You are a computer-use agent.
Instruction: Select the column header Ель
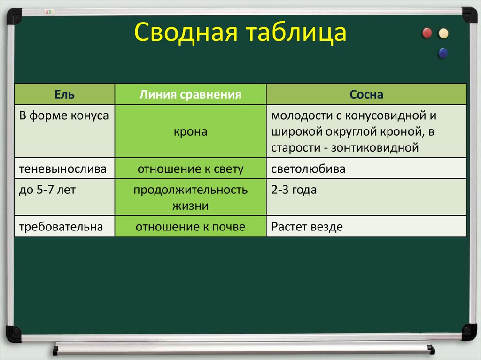tap(64, 95)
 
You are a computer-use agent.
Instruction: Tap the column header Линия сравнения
tap(190, 95)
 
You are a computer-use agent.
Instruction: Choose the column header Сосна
tap(366, 95)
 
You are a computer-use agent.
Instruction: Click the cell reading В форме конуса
tap(64, 115)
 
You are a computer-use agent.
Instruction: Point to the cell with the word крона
tap(190, 132)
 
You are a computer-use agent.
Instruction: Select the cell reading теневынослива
tap(63, 169)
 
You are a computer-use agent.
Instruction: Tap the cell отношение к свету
tap(190, 169)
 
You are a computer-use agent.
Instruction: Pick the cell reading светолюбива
tap(308, 169)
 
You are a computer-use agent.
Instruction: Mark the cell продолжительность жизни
tap(190, 198)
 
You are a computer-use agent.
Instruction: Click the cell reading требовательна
tap(61, 227)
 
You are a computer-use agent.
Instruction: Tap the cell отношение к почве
tap(190, 227)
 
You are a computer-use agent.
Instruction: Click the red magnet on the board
tap(427, 33)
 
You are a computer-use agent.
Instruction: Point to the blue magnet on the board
tap(442, 53)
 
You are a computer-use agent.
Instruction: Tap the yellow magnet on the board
tap(443, 33)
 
